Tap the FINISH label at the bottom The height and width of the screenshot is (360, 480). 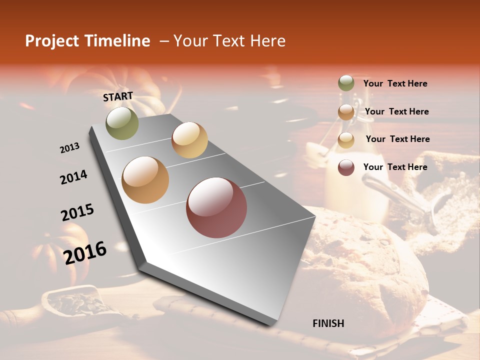pyautogui.click(x=328, y=323)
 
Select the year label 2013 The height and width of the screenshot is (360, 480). pyautogui.click(x=69, y=147)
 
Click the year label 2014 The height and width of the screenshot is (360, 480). pyautogui.click(x=73, y=177)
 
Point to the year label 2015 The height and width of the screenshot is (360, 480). pyautogui.click(x=77, y=212)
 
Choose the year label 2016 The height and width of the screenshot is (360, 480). pyautogui.click(x=85, y=252)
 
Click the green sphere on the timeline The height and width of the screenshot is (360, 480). pyautogui.click(x=122, y=123)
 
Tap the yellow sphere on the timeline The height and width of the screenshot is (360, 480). pyautogui.click(x=189, y=140)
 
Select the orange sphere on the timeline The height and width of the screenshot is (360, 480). pyautogui.click(x=145, y=180)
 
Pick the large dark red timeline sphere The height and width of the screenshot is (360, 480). pyautogui.click(x=216, y=208)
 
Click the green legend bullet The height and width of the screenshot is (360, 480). pyautogui.click(x=346, y=83)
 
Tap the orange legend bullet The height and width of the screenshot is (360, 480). pyautogui.click(x=346, y=111)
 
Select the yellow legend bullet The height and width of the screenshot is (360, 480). pyautogui.click(x=346, y=139)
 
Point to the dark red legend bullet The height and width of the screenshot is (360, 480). pyautogui.click(x=346, y=167)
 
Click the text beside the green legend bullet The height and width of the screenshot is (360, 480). pyautogui.click(x=395, y=83)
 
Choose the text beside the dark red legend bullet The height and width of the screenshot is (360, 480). pyautogui.click(x=395, y=167)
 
